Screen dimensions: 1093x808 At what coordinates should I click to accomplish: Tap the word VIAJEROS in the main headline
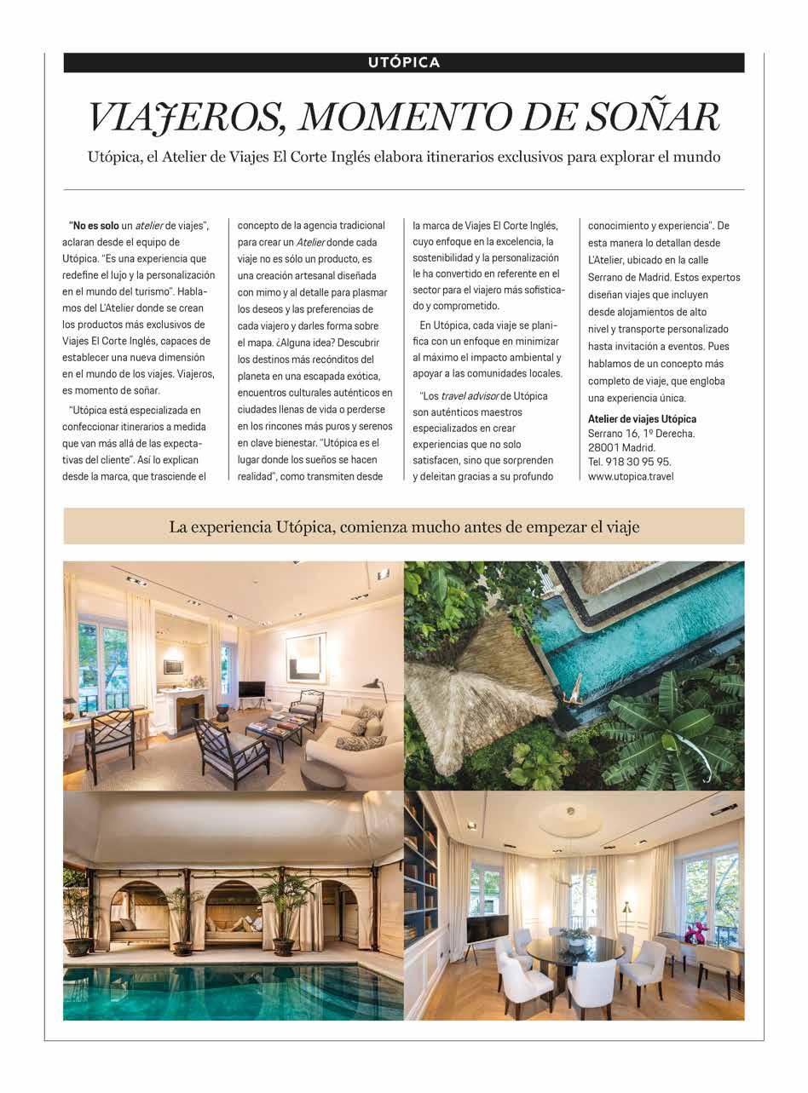click(187, 118)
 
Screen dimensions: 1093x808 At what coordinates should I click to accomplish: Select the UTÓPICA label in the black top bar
click(404, 62)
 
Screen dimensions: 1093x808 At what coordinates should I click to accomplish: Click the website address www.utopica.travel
click(631, 476)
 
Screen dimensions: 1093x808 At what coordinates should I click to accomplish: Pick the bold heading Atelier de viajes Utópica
click(642, 418)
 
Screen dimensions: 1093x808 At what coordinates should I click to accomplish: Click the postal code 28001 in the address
click(604, 447)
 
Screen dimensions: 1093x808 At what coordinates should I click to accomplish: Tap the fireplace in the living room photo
click(188, 709)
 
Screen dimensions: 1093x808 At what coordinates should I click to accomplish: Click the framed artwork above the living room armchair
click(305, 657)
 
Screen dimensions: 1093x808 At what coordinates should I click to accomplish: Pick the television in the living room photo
click(251, 689)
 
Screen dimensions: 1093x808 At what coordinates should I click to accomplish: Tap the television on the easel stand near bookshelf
click(487, 929)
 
